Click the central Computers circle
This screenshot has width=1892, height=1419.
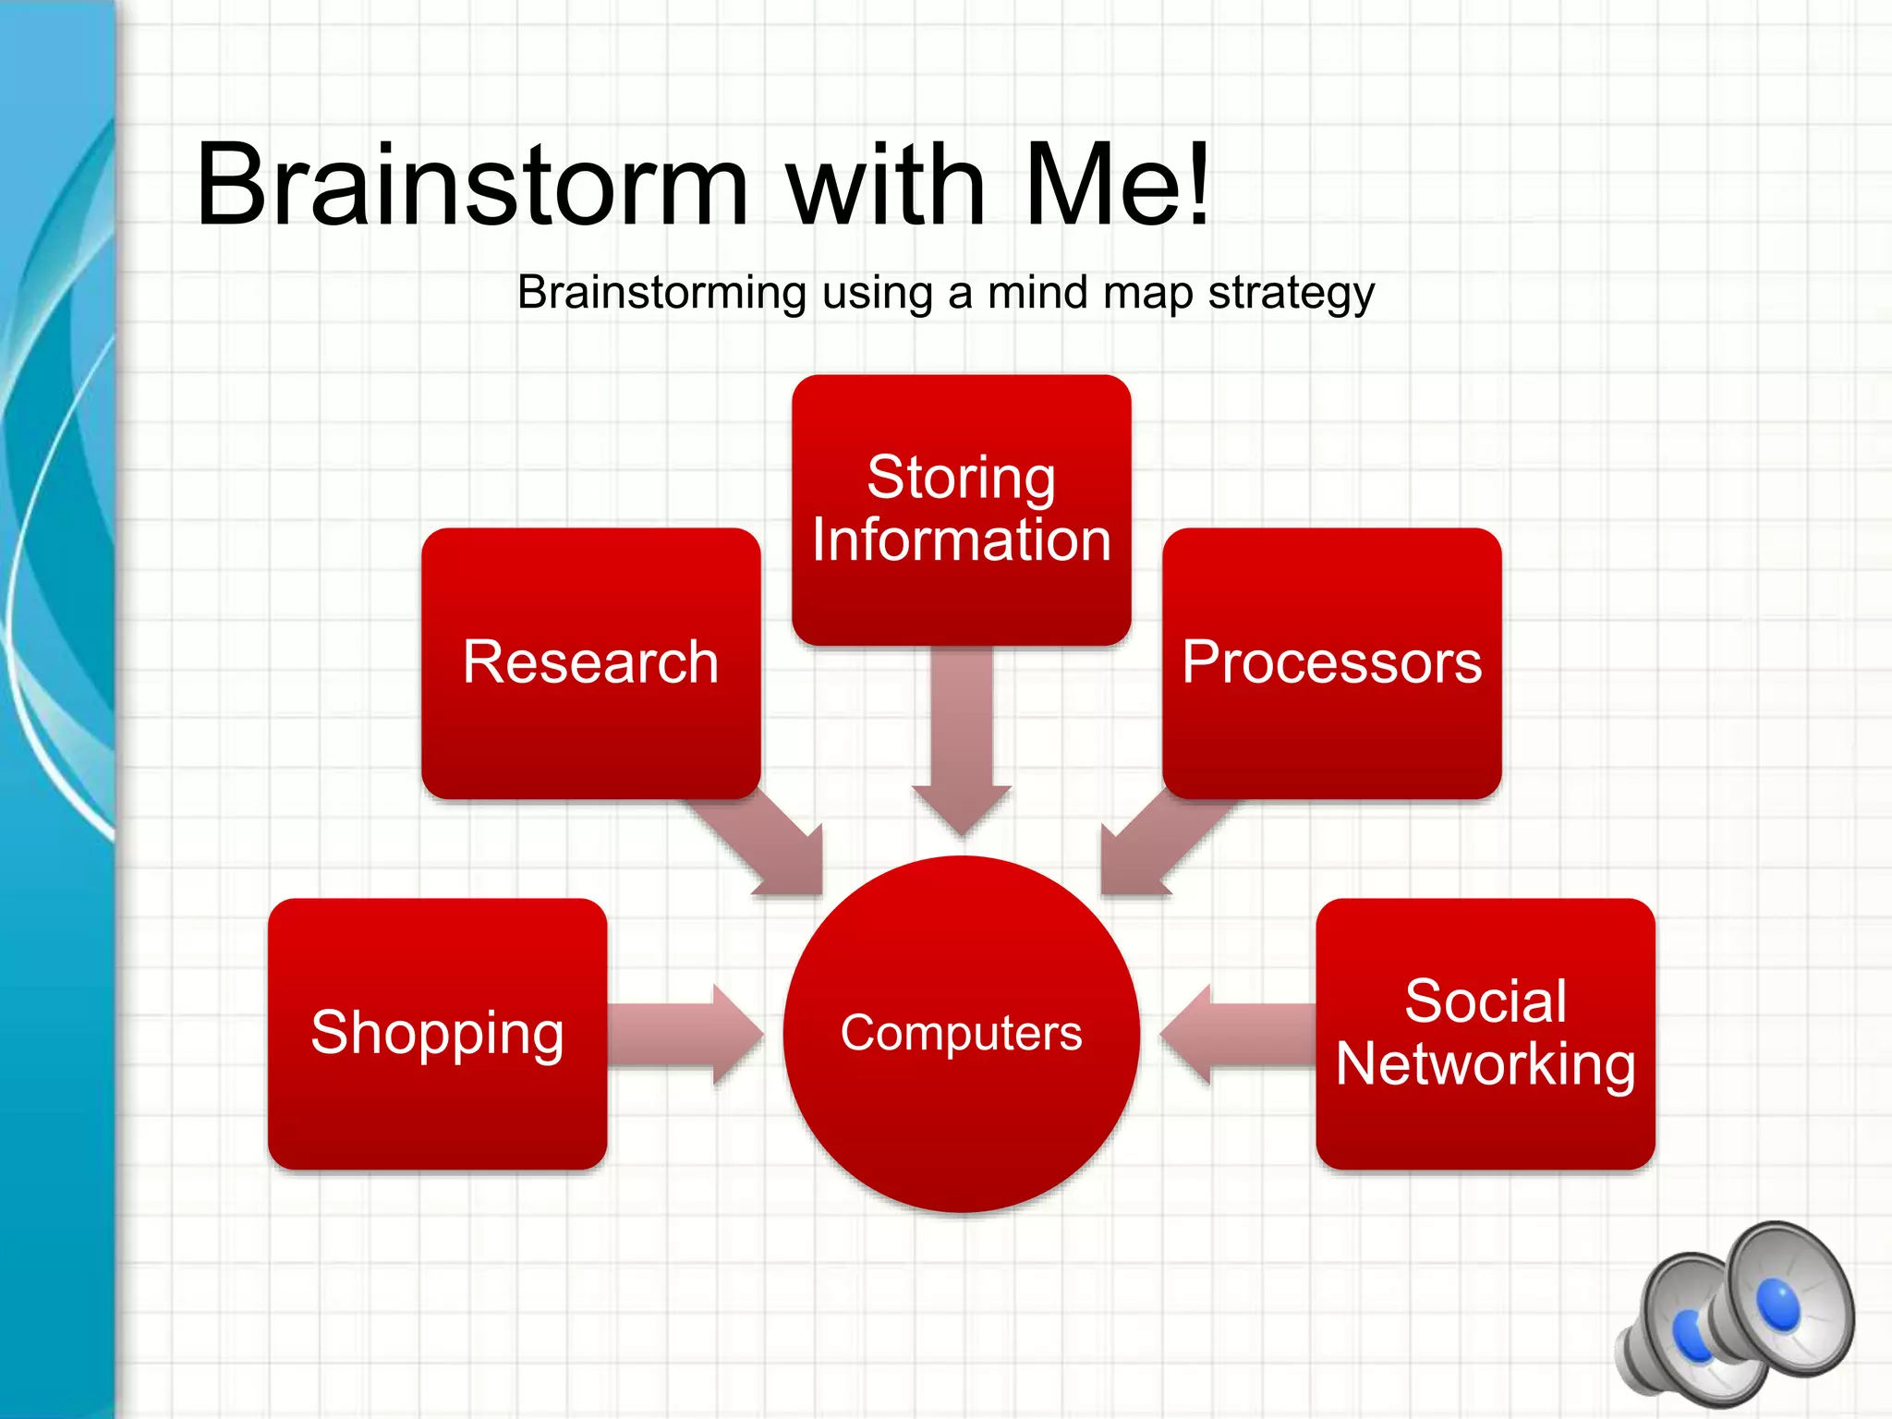click(961, 1034)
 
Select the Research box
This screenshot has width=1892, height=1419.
click(591, 662)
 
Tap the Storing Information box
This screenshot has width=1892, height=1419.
click(961, 509)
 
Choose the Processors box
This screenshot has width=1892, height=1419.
click(1331, 662)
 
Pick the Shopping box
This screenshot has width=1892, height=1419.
click(437, 1033)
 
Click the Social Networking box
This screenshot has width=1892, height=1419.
click(1485, 1033)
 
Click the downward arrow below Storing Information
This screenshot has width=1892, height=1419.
click(962, 739)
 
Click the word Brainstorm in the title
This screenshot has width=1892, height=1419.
click(471, 184)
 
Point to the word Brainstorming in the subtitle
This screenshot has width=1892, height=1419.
click(661, 294)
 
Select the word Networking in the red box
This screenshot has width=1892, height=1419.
click(1485, 1064)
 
